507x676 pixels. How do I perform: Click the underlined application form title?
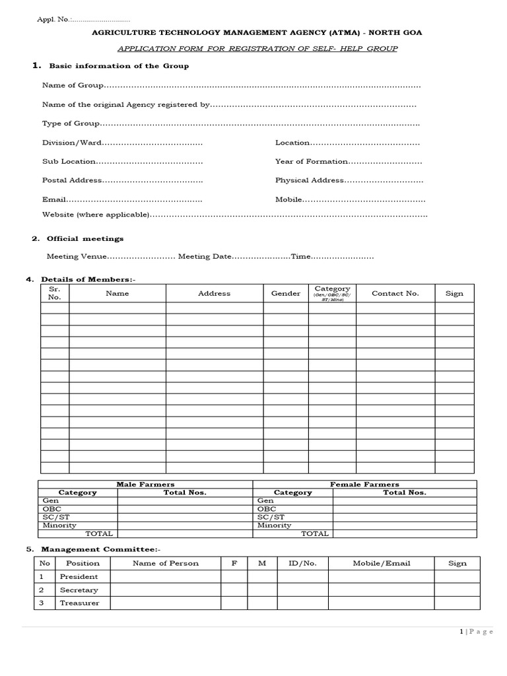(x=257, y=49)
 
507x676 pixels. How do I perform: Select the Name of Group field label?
(x=73, y=85)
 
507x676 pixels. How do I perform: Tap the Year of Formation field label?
(x=311, y=161)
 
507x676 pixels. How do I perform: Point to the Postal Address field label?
(x=72, y=180)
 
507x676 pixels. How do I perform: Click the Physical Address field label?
(x=309, y=180)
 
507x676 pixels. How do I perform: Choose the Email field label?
(x=53, y=199)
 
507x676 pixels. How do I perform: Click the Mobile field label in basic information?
(x=288, y=199)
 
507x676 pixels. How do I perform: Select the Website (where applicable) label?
(x=96, y=214)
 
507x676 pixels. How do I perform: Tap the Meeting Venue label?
(x=76, y=256)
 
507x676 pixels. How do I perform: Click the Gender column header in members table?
(x=285, y=293)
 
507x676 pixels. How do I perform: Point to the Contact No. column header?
(x=395, y=293)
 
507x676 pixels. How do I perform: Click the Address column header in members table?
(x=214, y=293)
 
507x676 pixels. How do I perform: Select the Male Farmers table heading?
(x=145, y=484)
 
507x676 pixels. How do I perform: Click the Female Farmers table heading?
(x=364, y=484)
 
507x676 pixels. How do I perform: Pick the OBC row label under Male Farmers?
(x=51, y=509)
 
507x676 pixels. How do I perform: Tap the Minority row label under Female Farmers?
(x=274, y=525)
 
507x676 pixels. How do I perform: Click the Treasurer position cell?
(x=79, y=603)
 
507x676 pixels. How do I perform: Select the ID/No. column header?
(x=302, y=563)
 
